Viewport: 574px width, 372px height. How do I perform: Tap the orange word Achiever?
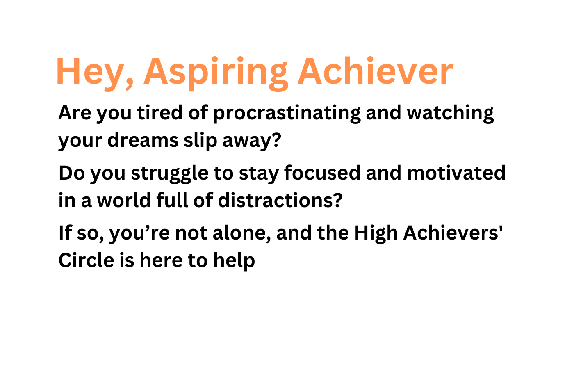(x=375, y=71)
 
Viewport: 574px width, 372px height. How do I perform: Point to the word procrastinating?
(x=287, y=113)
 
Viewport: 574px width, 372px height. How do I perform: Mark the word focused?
(x=322, y=173)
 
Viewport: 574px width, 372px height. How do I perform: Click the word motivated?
(x=456, y=173)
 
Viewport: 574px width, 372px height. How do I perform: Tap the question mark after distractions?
(x=337, y=200)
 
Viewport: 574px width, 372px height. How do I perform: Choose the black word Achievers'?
(x=453, y=233)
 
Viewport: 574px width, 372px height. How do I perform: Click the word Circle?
(x=86, y=260)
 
